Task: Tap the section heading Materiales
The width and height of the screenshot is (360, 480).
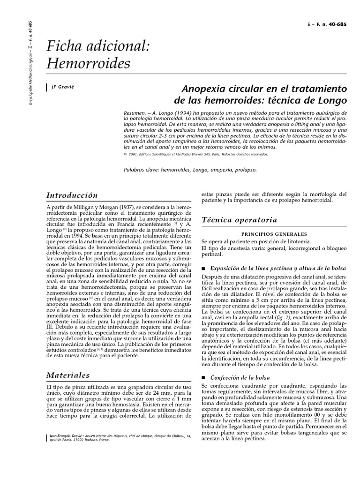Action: (x=68, y=375)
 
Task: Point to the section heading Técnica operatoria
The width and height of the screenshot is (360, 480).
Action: (x=239, y=220)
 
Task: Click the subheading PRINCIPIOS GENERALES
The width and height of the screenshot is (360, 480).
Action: (x=274, y=233)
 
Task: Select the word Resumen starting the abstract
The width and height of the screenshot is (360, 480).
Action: (x=135, y=113)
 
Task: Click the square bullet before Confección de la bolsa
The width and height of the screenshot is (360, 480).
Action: (x=203, y=377)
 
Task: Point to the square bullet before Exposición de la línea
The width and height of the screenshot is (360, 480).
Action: (x=203, y=269)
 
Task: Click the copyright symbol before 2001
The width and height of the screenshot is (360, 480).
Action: (x=126, y=154)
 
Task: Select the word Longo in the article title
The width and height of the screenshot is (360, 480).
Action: (x=332, y=100)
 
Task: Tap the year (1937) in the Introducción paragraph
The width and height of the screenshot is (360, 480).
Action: (x=119, y=207)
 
